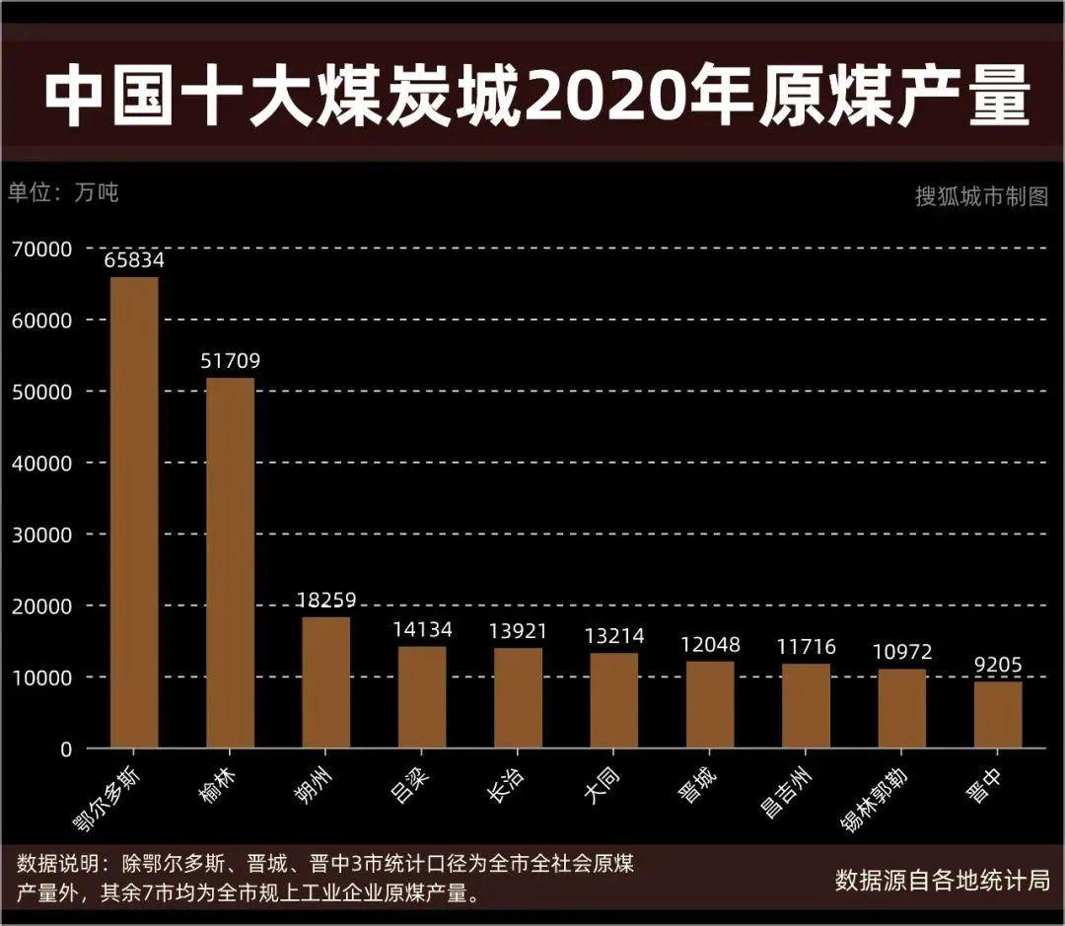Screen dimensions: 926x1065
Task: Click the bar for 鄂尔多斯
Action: pos(134,513)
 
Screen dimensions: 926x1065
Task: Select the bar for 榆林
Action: pos(230,562)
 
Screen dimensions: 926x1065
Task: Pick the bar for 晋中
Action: pos(998,715)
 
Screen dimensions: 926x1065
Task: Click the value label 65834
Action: pos(134,261)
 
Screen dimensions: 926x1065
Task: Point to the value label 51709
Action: pos(230,362)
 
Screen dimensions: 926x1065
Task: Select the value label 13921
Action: pos(518,631)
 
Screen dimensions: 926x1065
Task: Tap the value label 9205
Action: pos(998,666)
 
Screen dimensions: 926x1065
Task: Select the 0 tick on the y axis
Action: pos(65,749)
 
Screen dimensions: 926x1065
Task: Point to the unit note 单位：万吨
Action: pos(63,192)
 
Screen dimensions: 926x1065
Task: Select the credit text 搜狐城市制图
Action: pos(981,196)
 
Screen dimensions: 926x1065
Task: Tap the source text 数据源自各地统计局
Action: pos(942,879)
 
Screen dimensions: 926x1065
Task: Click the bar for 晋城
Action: pos(710,704)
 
